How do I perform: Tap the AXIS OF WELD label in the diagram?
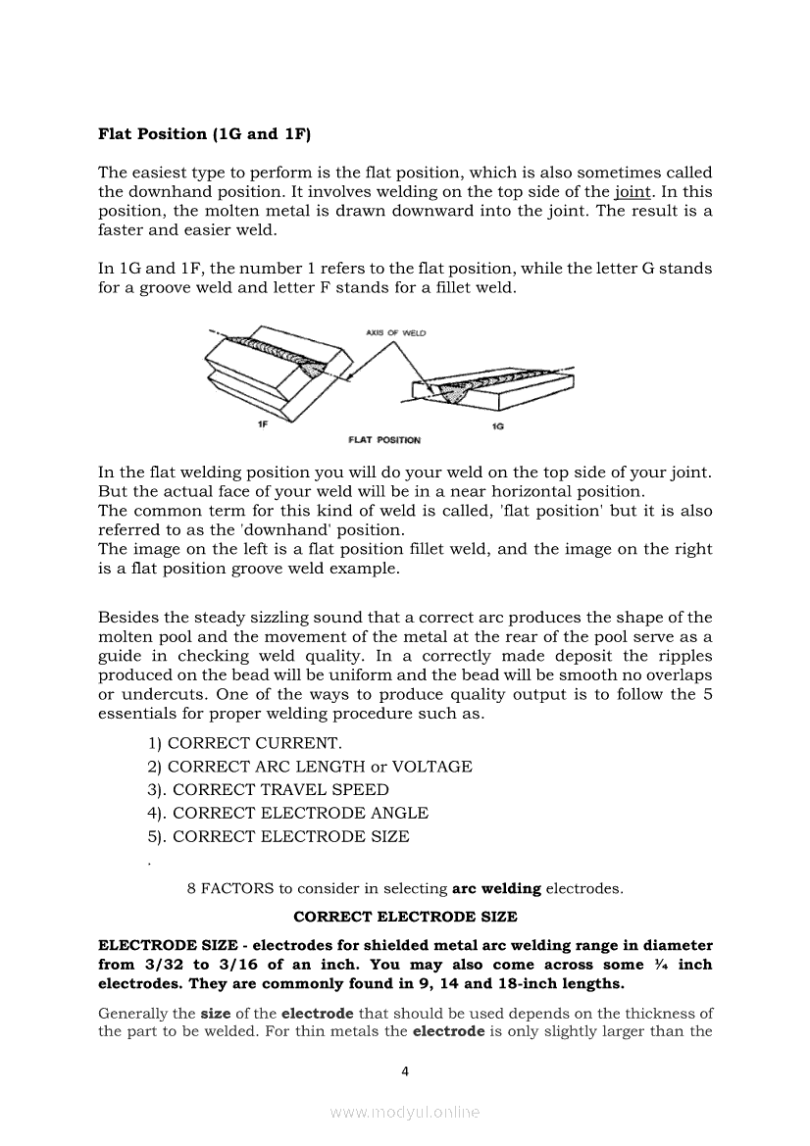(x=395, y=333)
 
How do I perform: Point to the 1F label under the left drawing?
(x=262, y=424)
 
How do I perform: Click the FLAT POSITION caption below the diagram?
(x=384, y=440)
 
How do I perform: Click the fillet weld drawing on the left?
(x=274, y=372)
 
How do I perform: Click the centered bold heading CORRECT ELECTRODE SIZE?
(x=405, y=918)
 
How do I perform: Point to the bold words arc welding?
(x=496, y=889)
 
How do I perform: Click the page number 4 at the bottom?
(x=405, y=1071)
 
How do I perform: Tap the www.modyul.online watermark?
(x=405, y=1113)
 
